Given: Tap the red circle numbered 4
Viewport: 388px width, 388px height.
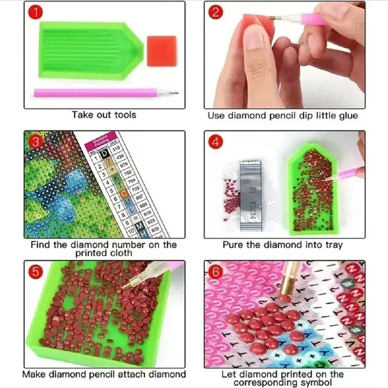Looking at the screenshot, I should (216, 142).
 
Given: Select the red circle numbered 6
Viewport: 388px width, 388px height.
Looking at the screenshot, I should (216, 272).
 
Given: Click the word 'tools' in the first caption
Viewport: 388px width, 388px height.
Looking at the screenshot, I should (124, 115).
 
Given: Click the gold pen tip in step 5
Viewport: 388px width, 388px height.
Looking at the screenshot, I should (128, 284).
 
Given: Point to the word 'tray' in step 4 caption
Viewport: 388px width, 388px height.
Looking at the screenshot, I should (334, 245).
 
